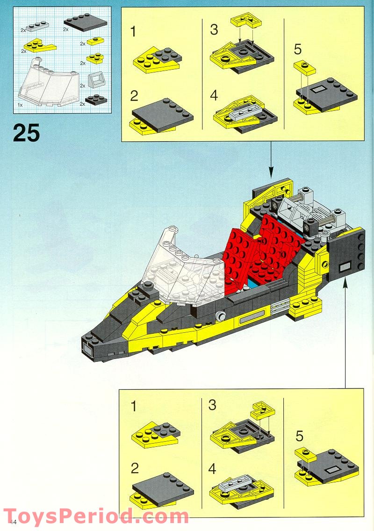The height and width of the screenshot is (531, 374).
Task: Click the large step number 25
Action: click(27, 132)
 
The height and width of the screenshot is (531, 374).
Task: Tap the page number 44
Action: click(13, 522)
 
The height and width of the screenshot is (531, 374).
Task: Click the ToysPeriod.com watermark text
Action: click(96, 517)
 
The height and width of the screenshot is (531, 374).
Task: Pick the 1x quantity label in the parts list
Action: click(20, 105)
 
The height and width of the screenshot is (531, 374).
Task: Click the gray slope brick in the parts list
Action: click(95, 79)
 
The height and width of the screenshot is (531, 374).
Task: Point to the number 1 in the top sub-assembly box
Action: click(134, 32)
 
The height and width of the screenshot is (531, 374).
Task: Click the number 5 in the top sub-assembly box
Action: click(298, 48)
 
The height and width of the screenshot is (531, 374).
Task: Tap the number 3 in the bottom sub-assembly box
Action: click(213, 405)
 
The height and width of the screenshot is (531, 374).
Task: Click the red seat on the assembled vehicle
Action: click(262, 252)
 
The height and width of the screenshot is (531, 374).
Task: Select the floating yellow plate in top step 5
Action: click(304, 68)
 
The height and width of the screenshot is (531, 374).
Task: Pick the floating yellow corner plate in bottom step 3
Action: click(263, 409)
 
